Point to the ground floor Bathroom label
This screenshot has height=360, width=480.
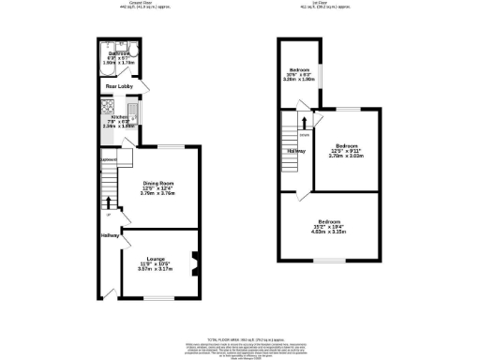(118, 54)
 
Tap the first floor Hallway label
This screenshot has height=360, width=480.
(296, 151)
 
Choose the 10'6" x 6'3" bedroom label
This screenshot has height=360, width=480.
(298, 71)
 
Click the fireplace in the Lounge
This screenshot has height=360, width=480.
(193, 259)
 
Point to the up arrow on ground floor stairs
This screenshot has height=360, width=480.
(109, 201)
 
